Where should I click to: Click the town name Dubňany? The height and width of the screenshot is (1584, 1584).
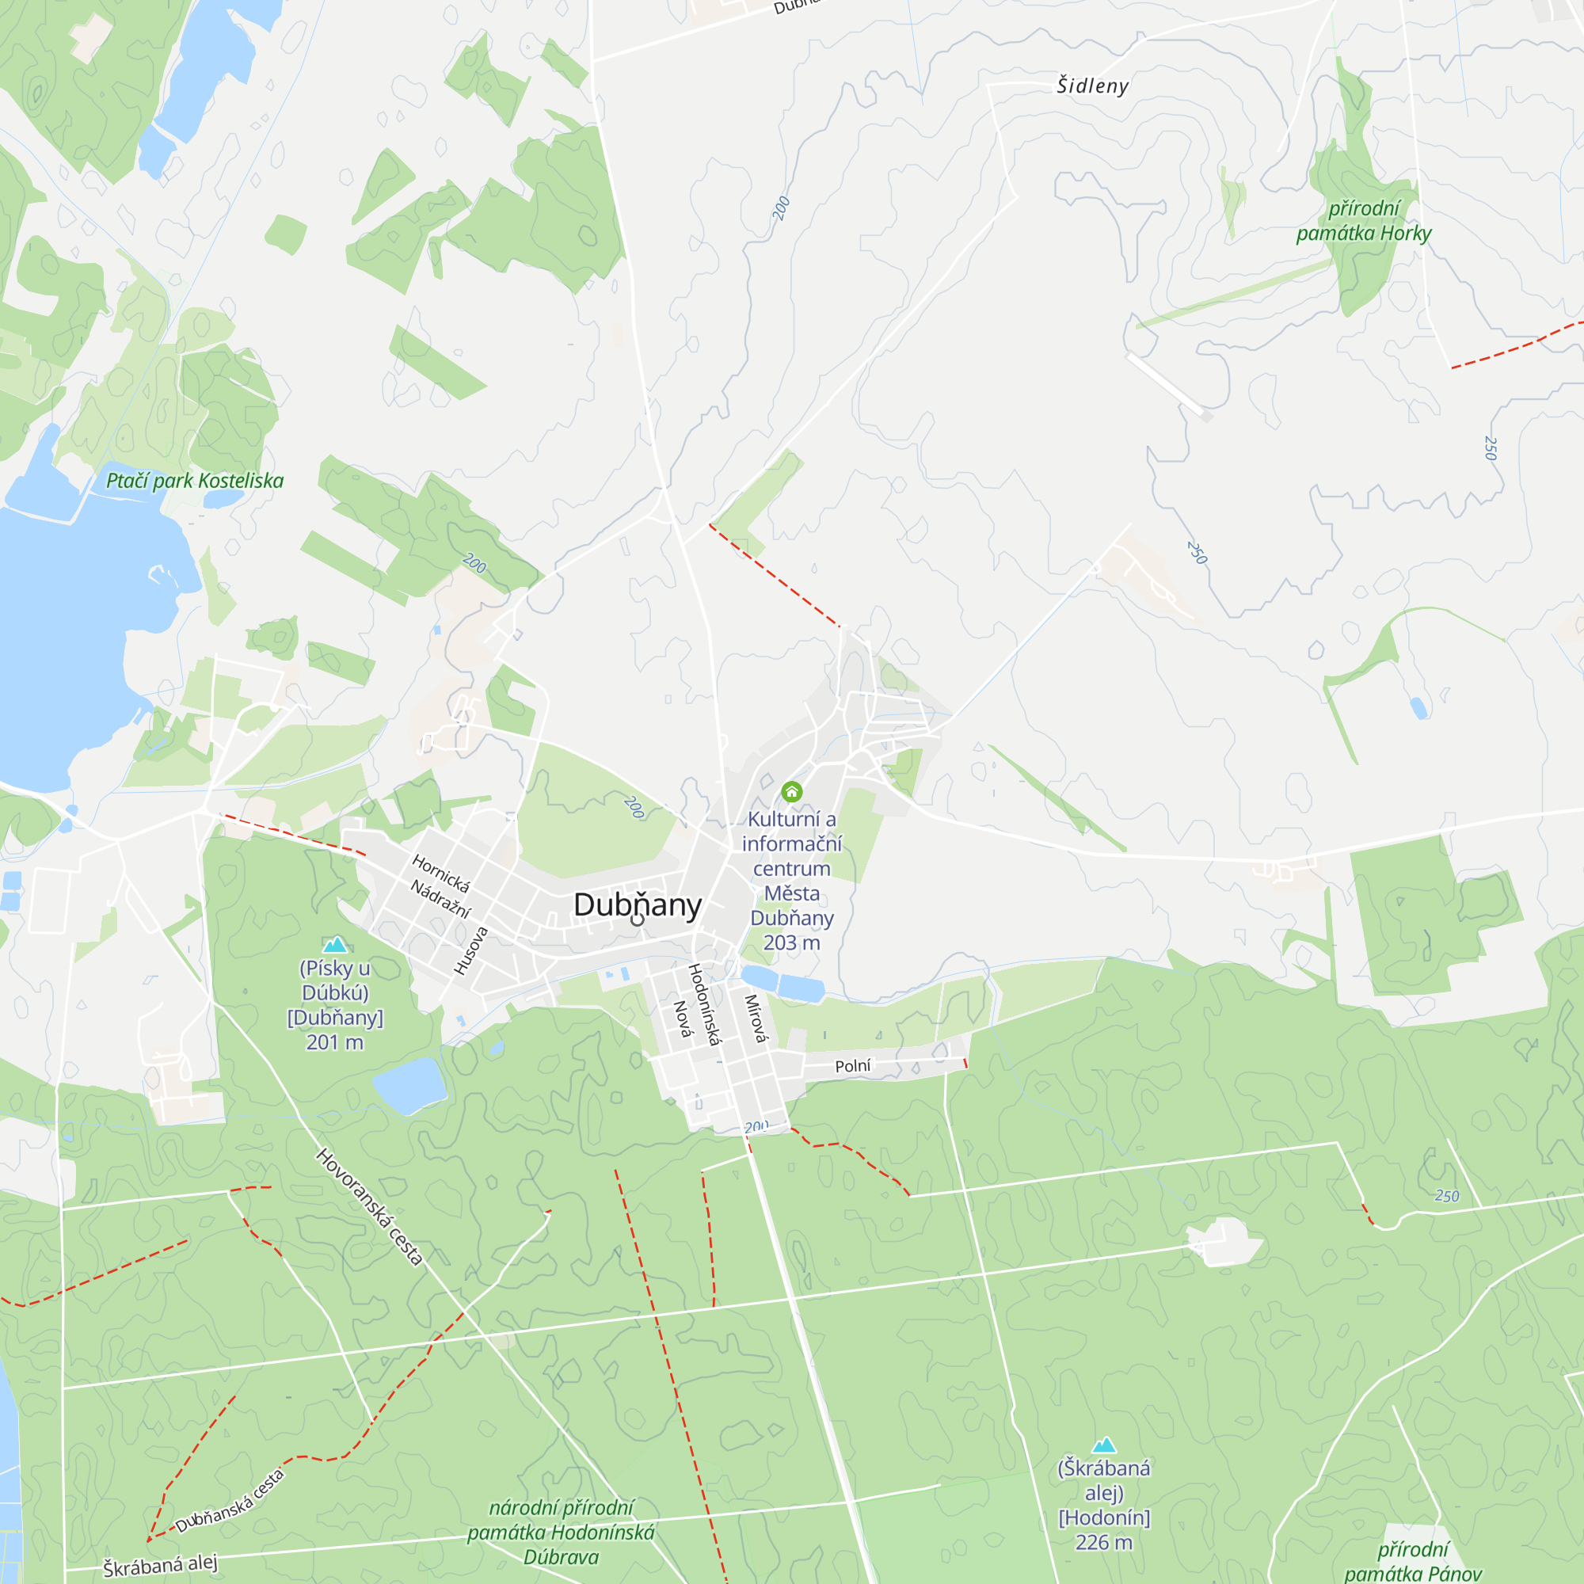tap(637, 905)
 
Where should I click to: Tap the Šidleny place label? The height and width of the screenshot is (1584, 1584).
tap(1092, 86)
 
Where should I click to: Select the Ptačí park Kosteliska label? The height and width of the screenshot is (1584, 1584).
tap(195, 481)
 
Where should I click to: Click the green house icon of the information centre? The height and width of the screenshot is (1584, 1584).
tap(791, 791)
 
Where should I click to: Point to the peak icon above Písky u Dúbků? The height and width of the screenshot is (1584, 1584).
tap(334, 946)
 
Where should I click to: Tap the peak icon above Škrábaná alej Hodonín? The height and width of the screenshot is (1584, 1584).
tap(1103, 1445)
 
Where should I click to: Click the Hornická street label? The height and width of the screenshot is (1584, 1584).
tap(441, 873)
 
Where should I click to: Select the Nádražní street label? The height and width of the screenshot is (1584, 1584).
tap(441, 899)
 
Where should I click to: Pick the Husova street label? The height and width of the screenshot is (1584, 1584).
tap(471, 951)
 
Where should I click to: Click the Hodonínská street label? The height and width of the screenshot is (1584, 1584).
tap(704, 1005)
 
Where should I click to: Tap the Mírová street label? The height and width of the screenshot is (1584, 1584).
tap(755, 1019)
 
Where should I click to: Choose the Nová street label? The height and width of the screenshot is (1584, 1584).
tap(682, 1019)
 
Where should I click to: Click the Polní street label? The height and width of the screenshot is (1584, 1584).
tap(853, 1066)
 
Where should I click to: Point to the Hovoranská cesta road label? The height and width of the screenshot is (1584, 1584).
tap(370, 1207)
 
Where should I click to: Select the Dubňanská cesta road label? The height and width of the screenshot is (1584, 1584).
tap(230, 1500)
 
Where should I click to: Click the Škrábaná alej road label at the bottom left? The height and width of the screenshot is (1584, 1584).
tap(160, 1565)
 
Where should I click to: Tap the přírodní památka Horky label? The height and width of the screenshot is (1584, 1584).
tap(1364, 222)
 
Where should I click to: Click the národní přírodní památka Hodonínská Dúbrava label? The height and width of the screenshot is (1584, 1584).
tap(561, 1532)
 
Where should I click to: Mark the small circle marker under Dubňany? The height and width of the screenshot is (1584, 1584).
tap(637, 920)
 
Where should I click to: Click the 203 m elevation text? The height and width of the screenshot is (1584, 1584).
tap(791, 942)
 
